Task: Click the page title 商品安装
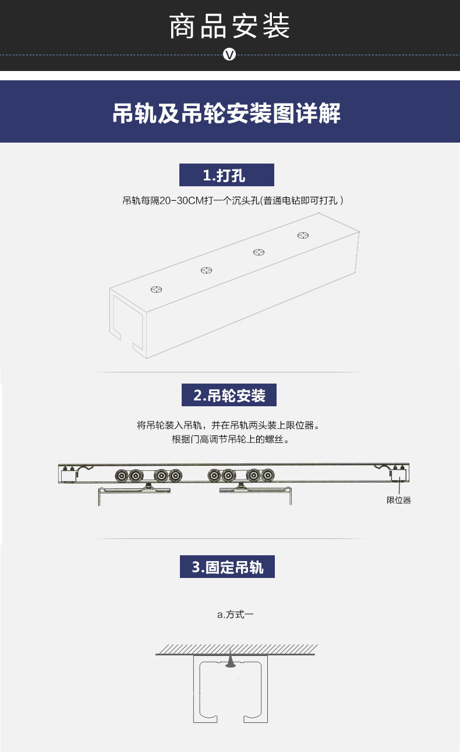pos(229,26)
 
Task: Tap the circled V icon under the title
pos(229,54)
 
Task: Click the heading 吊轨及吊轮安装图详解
pos(227,113)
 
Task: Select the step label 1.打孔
pos(227,175)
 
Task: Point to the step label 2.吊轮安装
pos(229,395)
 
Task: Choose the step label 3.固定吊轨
pos(227,567)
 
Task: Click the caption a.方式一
pos(235,615)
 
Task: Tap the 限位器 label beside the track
pos(398,500)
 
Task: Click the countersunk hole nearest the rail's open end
pos(156,289)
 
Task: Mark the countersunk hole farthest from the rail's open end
pos(303,235)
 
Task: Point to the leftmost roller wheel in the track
pos(122,476)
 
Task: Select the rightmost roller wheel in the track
pos(268,475)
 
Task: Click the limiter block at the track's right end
pos(398,474)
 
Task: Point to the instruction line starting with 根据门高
pos(231,439)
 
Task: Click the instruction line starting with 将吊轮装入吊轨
pos(228,425)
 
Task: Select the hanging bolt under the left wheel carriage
pos(148,485)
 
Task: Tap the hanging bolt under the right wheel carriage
pos(240,485)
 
